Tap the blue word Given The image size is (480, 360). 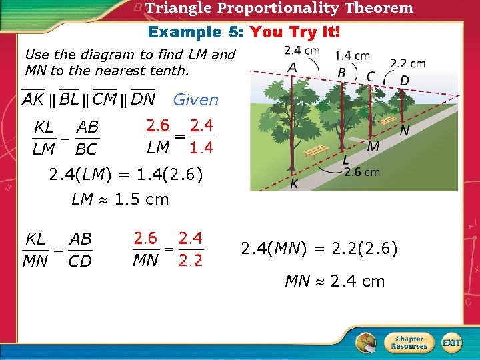pyautogui.click(x=196, y=100)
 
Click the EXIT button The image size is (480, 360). pyautogui.click(x=451, y=343)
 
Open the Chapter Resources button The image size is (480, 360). pyautogui.click(x=409, y=343)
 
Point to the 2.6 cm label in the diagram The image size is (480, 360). pyautogui.click(x=362, y=172)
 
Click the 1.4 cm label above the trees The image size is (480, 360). pyautogui.click(x=353, y=56)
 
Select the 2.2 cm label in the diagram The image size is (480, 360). pyautogui.click(x=407, y=63)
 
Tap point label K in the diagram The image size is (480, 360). pyautogui.click(x=294, y=183)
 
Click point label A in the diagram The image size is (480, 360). pyautogui.click(x=292, y=67)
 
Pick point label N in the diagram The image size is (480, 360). pyautogui.click(x=404, y=132)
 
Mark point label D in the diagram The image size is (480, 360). pyautogui.click(x=404, y=81)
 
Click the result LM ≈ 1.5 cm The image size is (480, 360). pyautogui.click(x=120, y=199)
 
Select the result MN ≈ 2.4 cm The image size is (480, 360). pyautogui.click(x=335, y=281)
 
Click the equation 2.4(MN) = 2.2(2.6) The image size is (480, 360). pyautogui.click(x=319, y=249)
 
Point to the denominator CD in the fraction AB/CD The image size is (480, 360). pyautogui.click(x=80, y=261)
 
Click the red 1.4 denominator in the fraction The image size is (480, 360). pyautogui.click(x=201, y=148)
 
